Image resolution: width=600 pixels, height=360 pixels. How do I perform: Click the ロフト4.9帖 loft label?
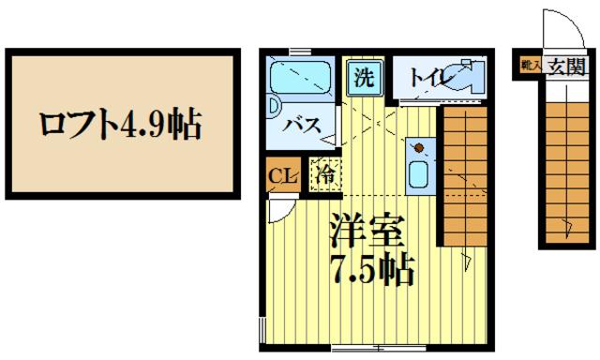(x=120, y=124)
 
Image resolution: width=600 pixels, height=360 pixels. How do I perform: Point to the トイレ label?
(x=427, y=78)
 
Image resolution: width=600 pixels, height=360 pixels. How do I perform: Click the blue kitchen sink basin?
(x=418, y=174)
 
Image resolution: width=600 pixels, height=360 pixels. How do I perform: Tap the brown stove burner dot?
(x=417, y=147)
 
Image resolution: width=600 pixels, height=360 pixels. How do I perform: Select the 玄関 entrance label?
(x=566, y=66)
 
